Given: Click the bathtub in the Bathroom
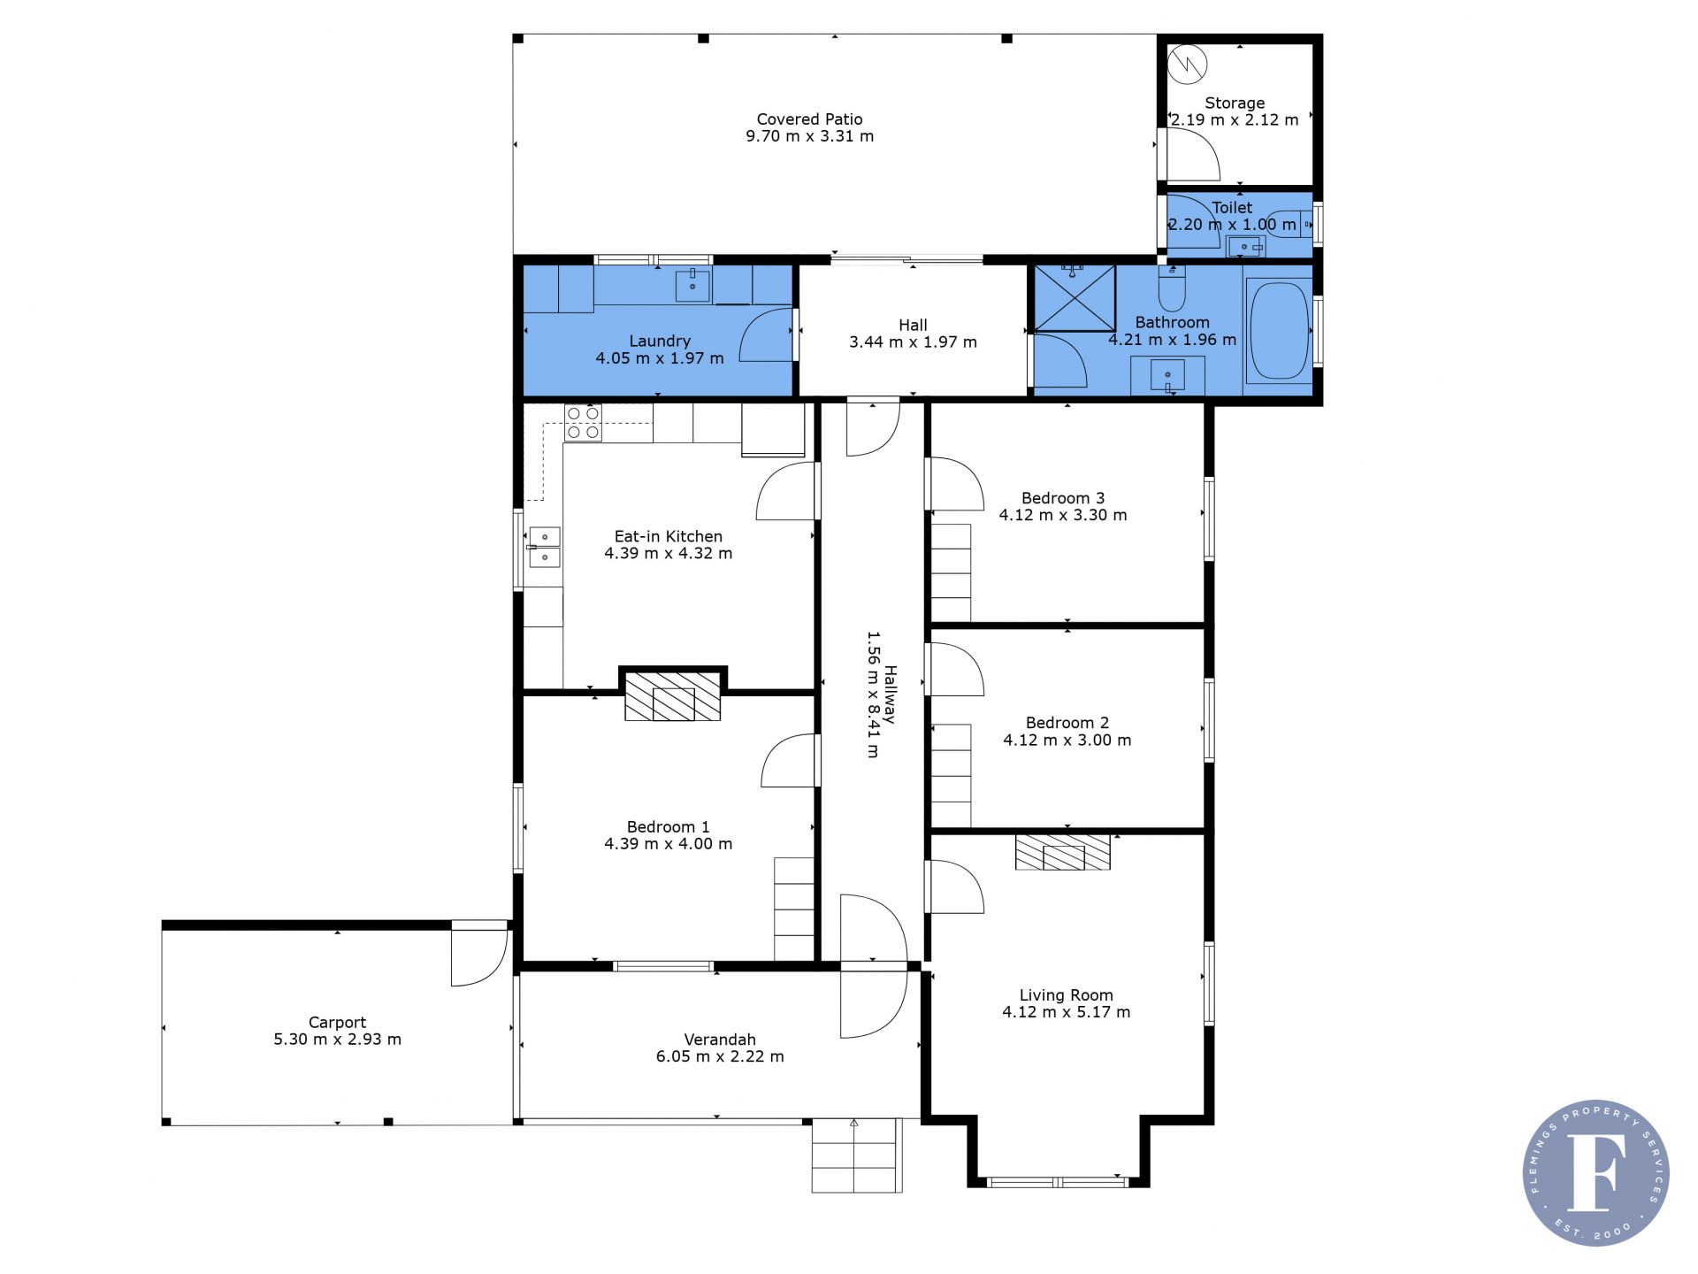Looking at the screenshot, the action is [1278, 330].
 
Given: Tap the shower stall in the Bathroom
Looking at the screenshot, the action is [1075, 297].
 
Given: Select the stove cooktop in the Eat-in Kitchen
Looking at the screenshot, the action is [583, 423].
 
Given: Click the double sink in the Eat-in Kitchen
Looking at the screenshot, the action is [544, 547].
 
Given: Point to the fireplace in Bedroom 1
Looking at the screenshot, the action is [673, 695].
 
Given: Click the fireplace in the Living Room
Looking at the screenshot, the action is [1063, 852].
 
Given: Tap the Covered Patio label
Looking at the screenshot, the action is [809, 119].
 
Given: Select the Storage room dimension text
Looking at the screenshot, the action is [1235, 119].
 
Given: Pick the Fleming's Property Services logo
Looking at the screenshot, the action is [1595, 1172].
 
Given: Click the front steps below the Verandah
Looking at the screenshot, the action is [857, 1155].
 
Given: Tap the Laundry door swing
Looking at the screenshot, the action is [767, 334].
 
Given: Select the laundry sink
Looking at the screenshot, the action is [692, 286].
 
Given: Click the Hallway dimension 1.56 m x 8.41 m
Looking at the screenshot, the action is [873, 695].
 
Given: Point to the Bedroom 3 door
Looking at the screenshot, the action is [956, 484].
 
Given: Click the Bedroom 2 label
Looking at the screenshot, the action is [1067, 723].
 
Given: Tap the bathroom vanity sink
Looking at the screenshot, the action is [1167, 376].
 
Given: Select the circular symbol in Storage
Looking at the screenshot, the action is [1188, 63].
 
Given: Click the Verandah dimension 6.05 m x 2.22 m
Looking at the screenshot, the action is [720, 1056].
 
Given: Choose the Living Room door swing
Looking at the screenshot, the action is [956, 886].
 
